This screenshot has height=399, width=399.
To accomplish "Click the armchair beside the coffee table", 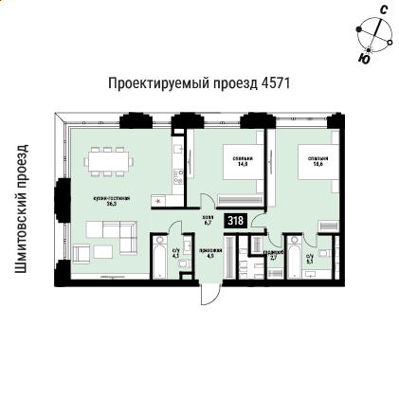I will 82,252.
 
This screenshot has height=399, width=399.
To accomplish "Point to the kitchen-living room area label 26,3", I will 118,200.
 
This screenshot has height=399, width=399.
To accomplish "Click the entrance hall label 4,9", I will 210,254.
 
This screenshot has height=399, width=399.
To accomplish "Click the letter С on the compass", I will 382,9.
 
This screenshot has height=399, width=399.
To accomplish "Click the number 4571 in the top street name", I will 275,83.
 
